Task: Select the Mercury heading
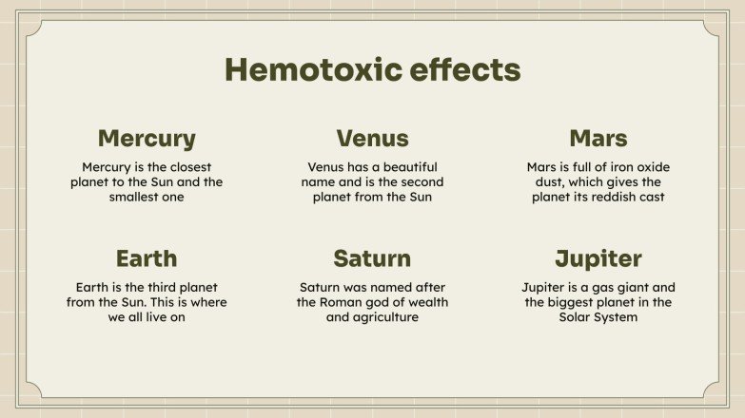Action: coord(147,138)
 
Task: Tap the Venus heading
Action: coord(372,138)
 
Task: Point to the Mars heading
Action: coord(598,138)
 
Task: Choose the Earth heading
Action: coord(147,257)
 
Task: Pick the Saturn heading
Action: coord(372,257)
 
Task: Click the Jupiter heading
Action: coord(598,257)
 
